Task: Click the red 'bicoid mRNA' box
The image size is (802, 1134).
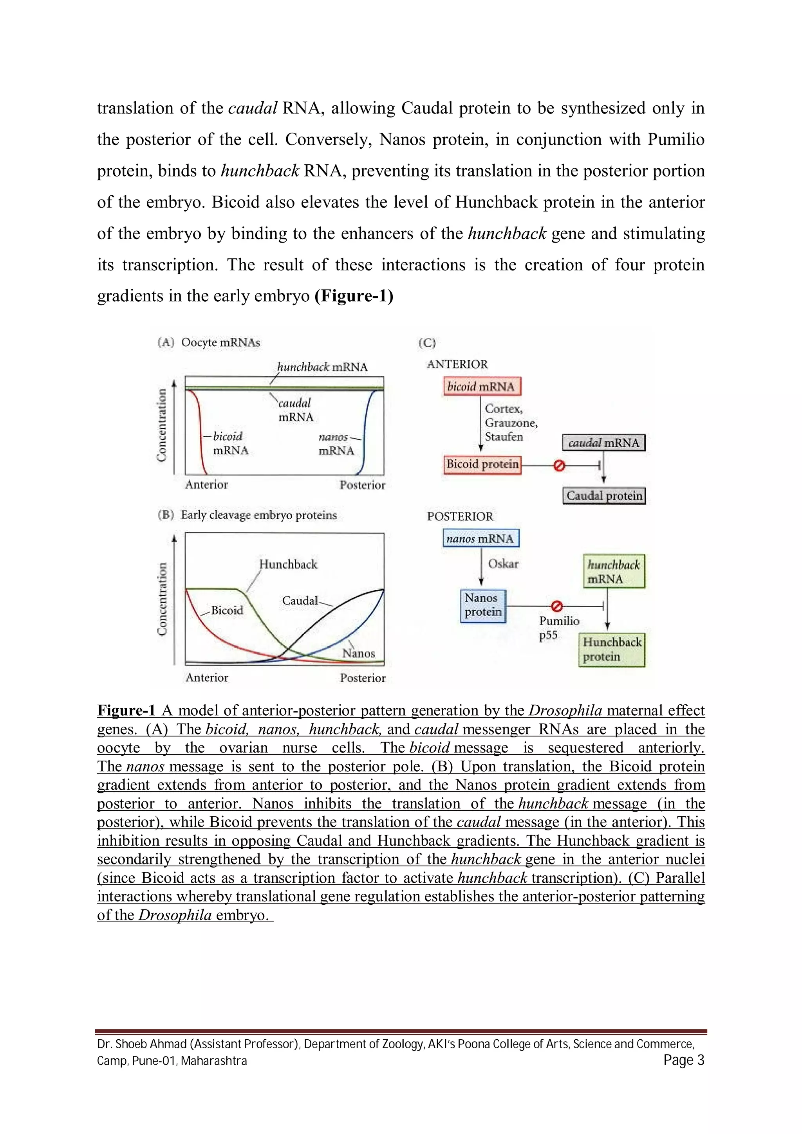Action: [x=482, y=386]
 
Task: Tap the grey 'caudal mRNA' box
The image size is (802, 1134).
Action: [x=603, y=443]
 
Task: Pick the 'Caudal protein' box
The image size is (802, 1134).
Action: [x=604, y=495]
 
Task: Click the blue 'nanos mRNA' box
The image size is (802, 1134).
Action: [x=480, y=538]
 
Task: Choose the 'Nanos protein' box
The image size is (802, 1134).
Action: [x=483, y=605]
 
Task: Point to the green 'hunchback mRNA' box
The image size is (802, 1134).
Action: [x=614, y=571]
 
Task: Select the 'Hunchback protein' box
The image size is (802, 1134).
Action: [x=612, y=650]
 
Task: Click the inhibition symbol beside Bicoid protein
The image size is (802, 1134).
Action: [x=559, y=465]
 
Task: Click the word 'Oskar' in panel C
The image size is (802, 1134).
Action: [x=503, y=564]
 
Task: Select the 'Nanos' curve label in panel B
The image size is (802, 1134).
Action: [x=359, y=653]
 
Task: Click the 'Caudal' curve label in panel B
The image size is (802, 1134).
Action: [x=300, y=601]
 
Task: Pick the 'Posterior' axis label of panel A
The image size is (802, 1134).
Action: [x=362, y=485]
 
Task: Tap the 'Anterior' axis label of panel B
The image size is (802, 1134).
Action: [x=207, y=678]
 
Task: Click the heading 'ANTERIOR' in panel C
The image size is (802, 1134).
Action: [x=457, y=365]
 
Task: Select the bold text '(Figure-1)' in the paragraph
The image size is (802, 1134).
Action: [x=354, y=296]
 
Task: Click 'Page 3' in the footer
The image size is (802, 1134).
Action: [x=683, y=1060]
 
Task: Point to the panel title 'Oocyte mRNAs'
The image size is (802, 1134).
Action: [x=220, y=342]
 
